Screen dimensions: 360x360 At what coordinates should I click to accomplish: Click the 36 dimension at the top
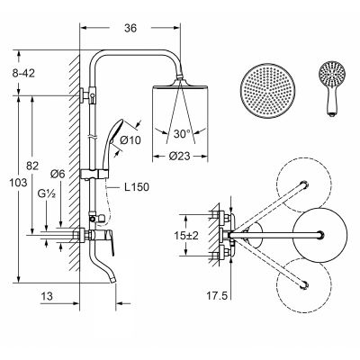click(130, 28)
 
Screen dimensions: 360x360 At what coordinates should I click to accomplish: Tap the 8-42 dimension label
click(23, 73)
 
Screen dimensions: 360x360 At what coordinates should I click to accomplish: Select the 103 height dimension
click(18, 183)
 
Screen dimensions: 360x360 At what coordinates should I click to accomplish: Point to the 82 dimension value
click(32, 166)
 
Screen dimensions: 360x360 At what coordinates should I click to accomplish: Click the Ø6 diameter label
click(58, 174)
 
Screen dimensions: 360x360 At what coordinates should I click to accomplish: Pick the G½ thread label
click(47, 193)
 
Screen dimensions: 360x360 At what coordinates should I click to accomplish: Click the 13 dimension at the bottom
click(47, 296)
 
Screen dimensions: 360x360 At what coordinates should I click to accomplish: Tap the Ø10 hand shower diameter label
click(130, 139)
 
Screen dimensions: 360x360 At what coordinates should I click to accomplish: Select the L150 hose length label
click(137, 187)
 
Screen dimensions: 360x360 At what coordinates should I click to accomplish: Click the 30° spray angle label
click(182, 134)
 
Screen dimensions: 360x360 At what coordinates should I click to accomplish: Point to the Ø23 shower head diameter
click(179, 156)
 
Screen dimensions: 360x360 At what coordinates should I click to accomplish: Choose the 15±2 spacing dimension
click(186, 236)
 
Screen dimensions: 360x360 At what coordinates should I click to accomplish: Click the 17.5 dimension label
click(217, 296)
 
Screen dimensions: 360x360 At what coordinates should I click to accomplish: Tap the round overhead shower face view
click(267, 91)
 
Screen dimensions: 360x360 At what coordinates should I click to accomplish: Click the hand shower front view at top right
click(331, 89)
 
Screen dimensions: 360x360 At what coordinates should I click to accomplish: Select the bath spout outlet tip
click(112, 280)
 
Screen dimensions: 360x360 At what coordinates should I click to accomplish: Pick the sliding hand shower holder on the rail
click(94, 174)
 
